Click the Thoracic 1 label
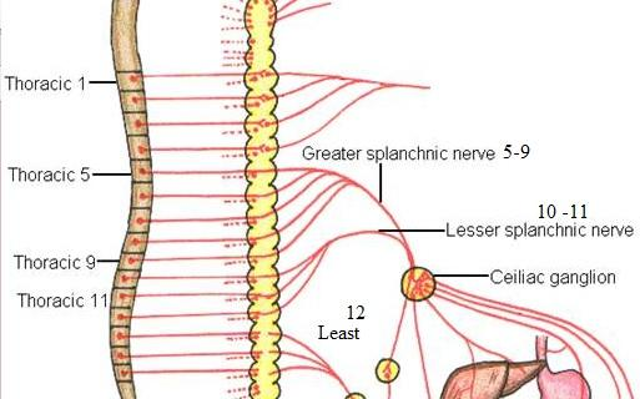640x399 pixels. [x=46, y=84]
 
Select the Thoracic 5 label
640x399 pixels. [x=49, y=174]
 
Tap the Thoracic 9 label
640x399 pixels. [x=54, y=263]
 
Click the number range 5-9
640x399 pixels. [x=518, y=153]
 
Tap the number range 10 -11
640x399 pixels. [x=561, y=211]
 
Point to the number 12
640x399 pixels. [x=356, y=312]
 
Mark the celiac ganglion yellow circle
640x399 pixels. [x=417, y=283]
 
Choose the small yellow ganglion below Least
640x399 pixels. [x=388, y=371]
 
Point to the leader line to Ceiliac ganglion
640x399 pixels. [x=460, y=276]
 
